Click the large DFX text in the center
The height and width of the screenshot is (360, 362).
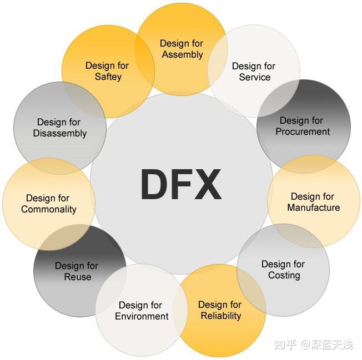(181, 185)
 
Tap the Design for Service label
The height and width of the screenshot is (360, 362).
(254, 72)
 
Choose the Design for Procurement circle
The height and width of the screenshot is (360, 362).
(303, 126)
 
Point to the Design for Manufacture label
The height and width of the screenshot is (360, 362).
(313, 202)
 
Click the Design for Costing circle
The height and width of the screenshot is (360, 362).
(283, 270)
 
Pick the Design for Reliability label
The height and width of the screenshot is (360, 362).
(220, 310)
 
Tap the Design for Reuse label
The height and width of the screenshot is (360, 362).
(77, 271)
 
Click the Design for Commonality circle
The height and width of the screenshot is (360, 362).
(48, 204)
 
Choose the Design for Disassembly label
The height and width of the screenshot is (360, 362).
(59, 128)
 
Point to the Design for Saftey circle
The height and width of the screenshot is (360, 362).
(108, 71)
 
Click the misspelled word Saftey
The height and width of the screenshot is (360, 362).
(108, 77)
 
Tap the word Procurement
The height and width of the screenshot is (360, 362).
(303, 132)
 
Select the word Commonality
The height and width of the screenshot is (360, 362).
(49, 210)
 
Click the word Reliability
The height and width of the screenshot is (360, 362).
(220, 316)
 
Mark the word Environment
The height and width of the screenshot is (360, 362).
(142, 317)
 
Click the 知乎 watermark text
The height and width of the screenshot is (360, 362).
(285, 345)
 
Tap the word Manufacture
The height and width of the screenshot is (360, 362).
(314, 208)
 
